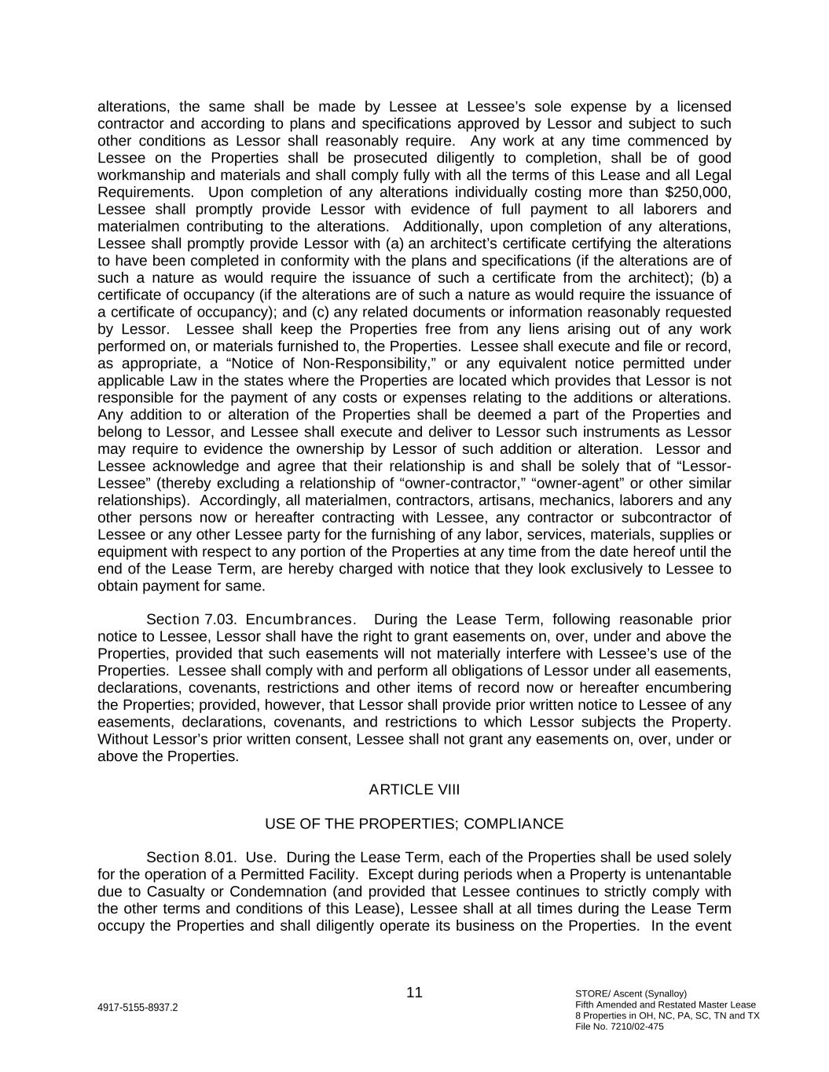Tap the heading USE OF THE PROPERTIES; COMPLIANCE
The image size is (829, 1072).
[x=414, y=824]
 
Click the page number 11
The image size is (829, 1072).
[x=414, y=993]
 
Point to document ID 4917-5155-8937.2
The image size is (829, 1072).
[x=138, y=1008]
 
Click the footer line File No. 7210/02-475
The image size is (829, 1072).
[x=619, y=1026]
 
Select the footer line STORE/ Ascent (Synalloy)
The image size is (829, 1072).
[x=631, y=993]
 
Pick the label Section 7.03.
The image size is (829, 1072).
[x=192, y=620]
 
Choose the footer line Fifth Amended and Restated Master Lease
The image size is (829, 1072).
[x=666, y=1004]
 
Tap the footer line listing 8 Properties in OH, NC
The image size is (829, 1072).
[x=667, y=1015]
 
